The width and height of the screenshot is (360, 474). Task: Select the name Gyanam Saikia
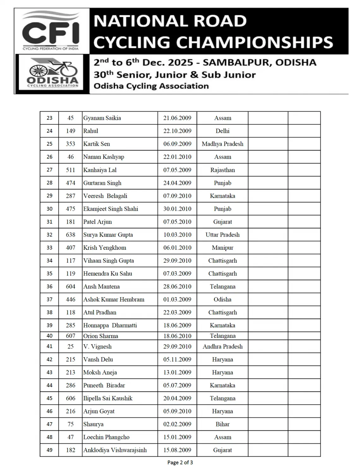click(x=102, y=118)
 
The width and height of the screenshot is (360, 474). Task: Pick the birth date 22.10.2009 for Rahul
click(x=177, y=131)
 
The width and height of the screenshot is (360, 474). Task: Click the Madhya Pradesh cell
click(x=223, y=144)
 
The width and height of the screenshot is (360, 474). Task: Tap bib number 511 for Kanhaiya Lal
click(x=70, y=170)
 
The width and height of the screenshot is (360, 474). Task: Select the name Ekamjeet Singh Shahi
click(x=111, y=209)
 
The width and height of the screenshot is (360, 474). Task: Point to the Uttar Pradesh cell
click(x=223, y=235)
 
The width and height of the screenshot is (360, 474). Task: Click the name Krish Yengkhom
click(x=105, y=248)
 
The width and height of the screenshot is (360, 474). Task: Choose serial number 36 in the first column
click(x=50, y=287)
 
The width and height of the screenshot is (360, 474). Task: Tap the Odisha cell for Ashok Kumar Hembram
click(x=223, y=300)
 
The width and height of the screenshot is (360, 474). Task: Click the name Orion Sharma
click(x=101, y=336)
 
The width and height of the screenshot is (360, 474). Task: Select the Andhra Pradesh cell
click(x=223, y=347)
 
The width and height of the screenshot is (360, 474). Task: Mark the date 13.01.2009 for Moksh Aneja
click(x=177, y=373)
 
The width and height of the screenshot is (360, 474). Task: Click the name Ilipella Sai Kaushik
click(x=108, y=398)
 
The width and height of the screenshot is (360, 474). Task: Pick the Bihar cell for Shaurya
click(x=223, y=424)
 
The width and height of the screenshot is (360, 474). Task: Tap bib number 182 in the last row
click(x=70, y=450)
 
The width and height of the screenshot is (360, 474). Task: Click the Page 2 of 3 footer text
click(x=180, y=463)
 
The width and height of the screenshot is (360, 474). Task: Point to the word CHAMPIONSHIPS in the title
click(x=254, y=42)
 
